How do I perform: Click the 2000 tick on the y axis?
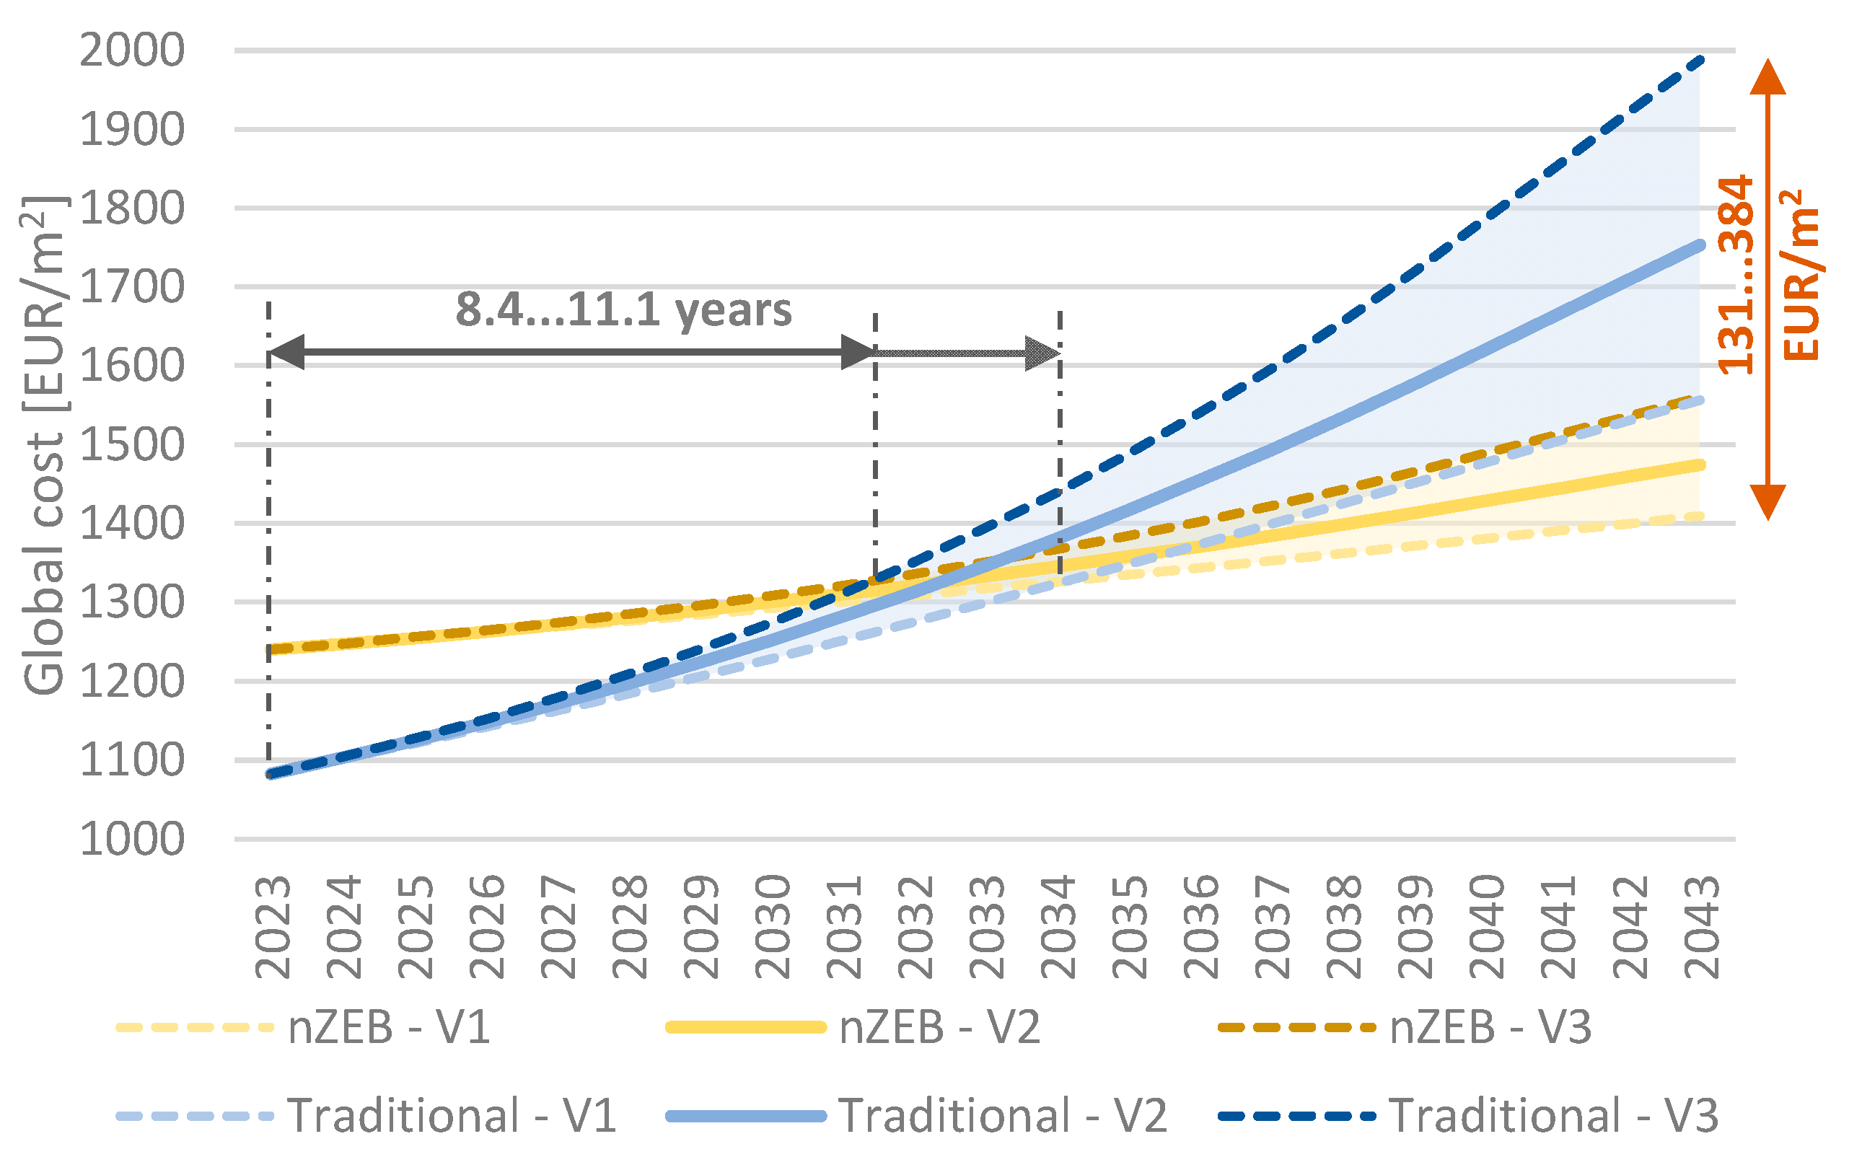(x=131, y=50)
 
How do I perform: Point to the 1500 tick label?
(x=131, y=444)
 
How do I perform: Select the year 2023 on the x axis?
(x=273, y=928)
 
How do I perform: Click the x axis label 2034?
(x=1059, y=928)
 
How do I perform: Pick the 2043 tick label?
(x=1702, y=928)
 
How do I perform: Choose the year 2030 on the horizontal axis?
(x=773, y=928)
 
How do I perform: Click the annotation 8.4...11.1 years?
(x=623, y=310)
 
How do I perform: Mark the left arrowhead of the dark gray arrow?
(x=287, y=352)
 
